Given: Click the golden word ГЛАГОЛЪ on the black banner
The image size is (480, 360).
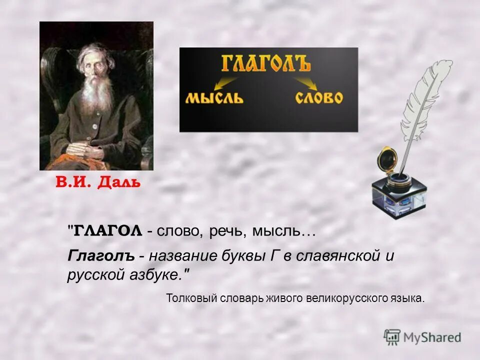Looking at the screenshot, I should [x=266, y=64].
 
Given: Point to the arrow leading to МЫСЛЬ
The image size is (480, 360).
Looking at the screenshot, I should [x=225, y=80].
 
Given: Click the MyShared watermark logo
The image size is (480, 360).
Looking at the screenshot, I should [x=423, y=337].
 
